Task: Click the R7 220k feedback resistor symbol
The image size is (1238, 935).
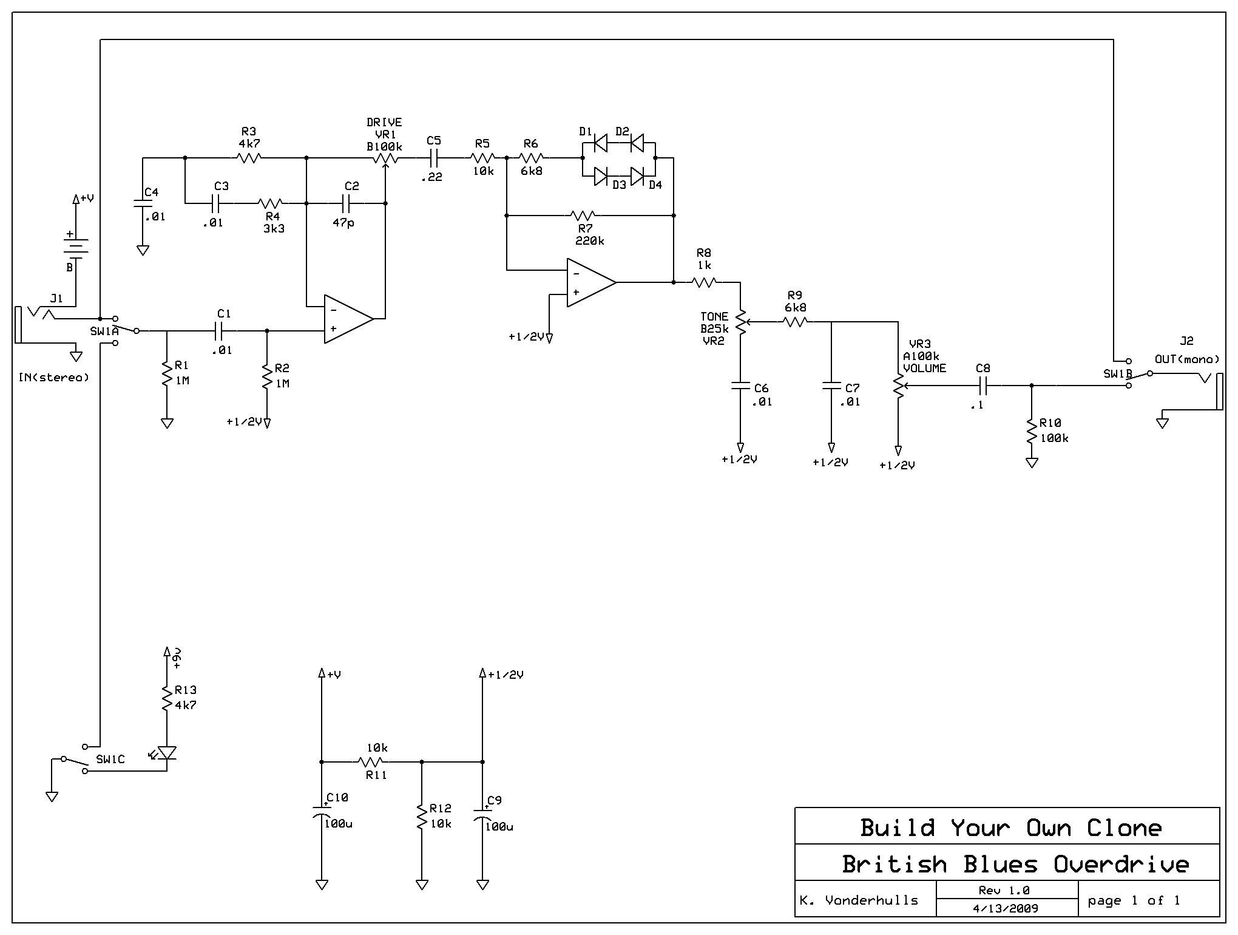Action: (583, 216)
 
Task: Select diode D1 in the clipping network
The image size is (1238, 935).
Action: (600, 143)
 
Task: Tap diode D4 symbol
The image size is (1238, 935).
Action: (637, 176)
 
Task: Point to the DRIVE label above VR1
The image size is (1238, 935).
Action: (384, 123)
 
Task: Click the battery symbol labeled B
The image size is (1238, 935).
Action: (76, 246)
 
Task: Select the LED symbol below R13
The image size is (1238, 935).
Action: (166, 753)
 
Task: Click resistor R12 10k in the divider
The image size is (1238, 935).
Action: (422, 817)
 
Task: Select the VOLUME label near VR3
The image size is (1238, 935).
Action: (924, 368)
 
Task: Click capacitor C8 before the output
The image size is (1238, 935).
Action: (983, 385)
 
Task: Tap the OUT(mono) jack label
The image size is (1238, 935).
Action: (1186, 359)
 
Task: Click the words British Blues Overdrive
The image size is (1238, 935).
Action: (1015, 864)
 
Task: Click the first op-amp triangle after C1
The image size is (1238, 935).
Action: (347, 319)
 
